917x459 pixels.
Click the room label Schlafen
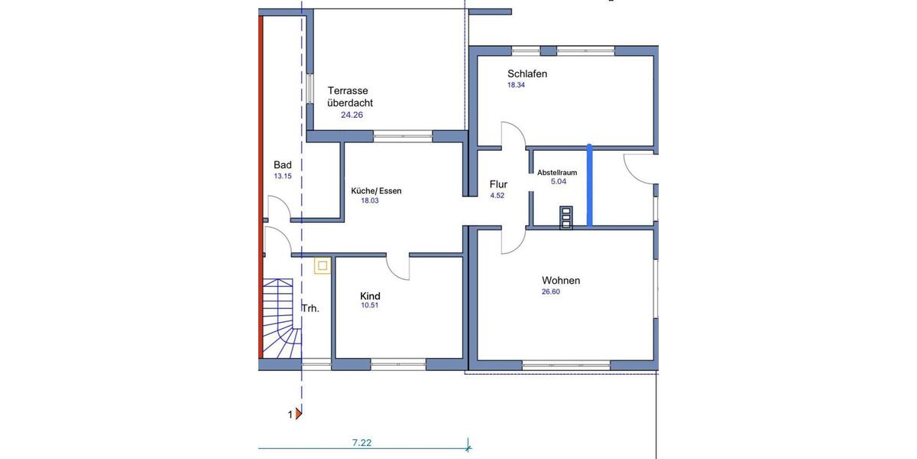click(527, 74)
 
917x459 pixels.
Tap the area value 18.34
click(517, 86)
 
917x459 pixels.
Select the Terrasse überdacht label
click(350, 96)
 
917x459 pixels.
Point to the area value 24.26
click(352, 115)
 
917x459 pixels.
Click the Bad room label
click(283, 164)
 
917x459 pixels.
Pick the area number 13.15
click(283, 176)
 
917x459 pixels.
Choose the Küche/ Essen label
click(376, 190)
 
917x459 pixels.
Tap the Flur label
click(498, 184)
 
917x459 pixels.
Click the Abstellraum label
click(556, 173)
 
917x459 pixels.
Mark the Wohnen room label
click(561, 281)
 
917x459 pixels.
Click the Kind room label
click(370, 296)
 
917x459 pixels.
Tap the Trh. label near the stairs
click(310, 308)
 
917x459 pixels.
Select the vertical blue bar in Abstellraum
click(589, 185)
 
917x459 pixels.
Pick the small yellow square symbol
click(322, 265)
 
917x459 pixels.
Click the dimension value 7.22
click(361, 442)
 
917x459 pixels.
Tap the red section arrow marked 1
click(299, 415)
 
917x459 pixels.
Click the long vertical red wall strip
click(261, 191)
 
